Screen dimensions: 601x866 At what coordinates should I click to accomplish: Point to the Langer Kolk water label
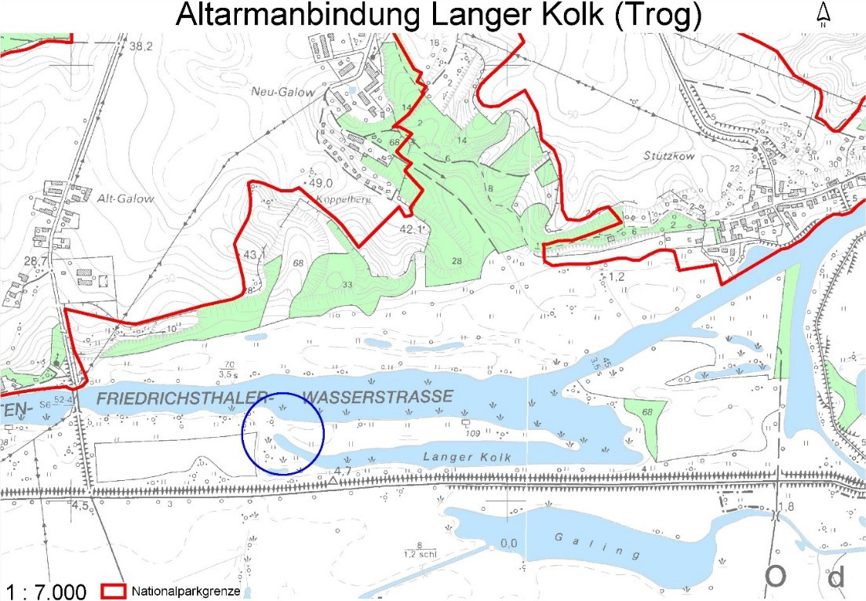point(467,457)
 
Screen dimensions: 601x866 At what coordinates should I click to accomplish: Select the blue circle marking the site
point(283,433)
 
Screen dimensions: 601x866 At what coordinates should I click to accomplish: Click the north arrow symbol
point(824,14)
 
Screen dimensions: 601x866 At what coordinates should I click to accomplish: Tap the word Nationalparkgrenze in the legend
point(187,591)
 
